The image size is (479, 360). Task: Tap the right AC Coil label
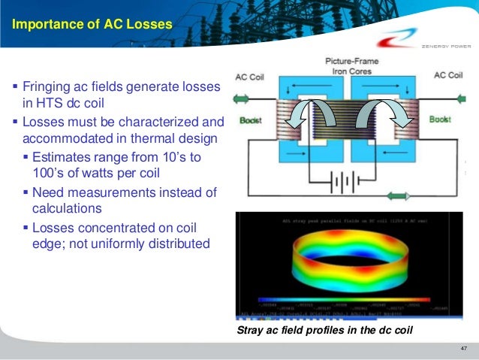click(x=447, y=77)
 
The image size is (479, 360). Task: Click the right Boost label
click(x=440, y=119)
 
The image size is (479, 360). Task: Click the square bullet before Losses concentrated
click(x=26, y=227)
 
